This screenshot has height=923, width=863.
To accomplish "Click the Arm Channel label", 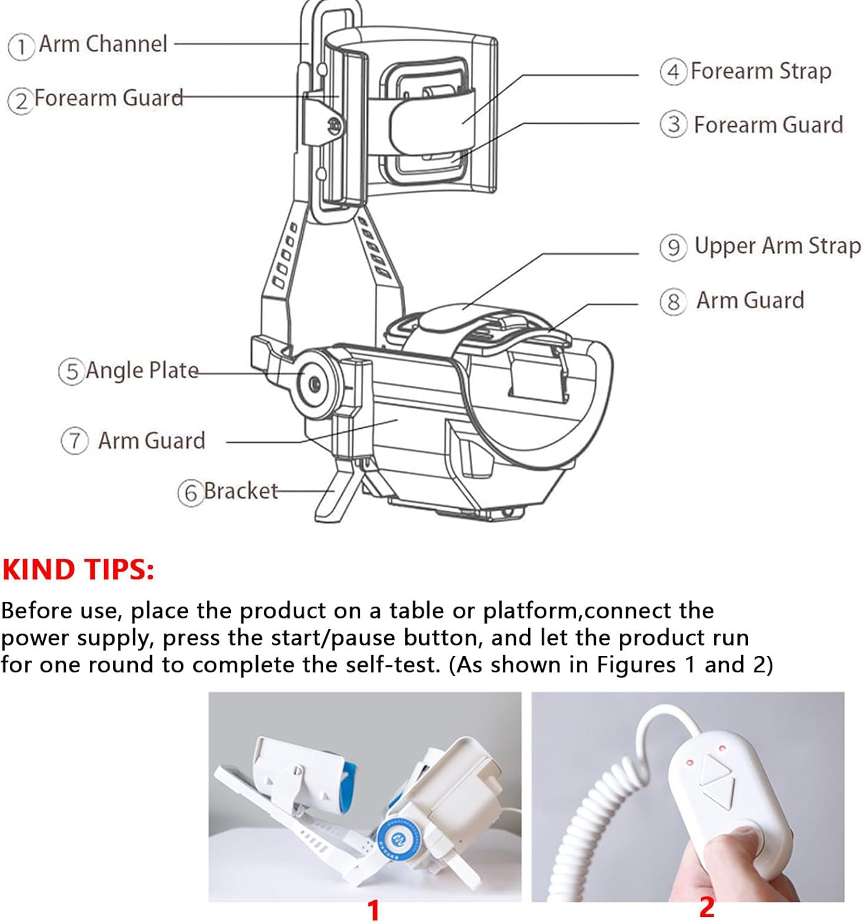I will (x=103, y=44).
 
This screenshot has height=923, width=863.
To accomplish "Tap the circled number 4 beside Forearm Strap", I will (x=673, y=71).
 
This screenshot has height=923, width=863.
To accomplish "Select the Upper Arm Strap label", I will (x=777, y=246).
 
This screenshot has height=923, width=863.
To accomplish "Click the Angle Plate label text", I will (x=142, y=370).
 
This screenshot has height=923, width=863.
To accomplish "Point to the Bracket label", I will (x=240, y=491).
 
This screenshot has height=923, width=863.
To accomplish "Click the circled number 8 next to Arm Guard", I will (x=672, y=302).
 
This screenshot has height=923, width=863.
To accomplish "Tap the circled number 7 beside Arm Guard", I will (x=74, y=441).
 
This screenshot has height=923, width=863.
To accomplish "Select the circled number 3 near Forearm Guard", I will (x=673, y=125).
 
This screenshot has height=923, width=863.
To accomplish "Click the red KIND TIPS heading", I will (x=78, y=569).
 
